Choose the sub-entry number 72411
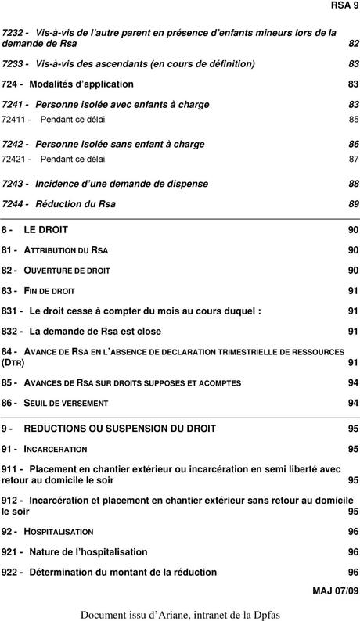coord(16,120)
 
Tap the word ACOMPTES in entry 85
coord(214,383)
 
